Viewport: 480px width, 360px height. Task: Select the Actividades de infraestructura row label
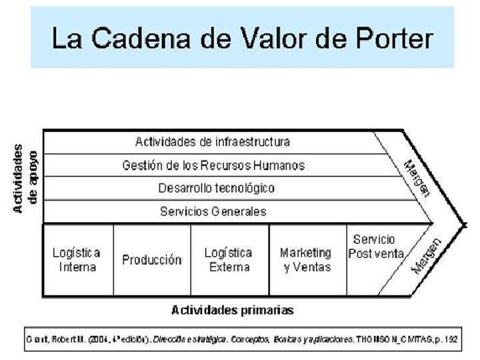(213, 142)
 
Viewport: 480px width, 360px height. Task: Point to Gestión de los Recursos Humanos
(213, 165)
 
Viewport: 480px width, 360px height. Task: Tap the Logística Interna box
(77, 260)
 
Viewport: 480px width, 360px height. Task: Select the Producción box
(152, 260)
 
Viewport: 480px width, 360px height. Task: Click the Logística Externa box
(229, 260)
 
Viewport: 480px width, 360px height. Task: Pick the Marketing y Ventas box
(305, 260)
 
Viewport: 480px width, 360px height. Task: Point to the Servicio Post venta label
(375, 247)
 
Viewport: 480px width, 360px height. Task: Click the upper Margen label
(417, 177)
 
